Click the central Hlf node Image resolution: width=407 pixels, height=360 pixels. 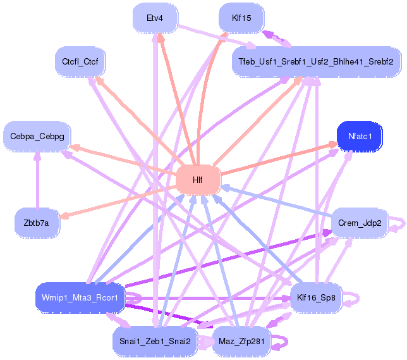198,180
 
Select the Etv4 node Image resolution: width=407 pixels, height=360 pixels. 155,18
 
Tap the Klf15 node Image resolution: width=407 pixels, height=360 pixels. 241,18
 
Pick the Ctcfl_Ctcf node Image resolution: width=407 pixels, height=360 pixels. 80,61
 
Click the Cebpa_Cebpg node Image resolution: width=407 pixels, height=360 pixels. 37,136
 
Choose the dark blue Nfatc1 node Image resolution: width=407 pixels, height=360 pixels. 360,136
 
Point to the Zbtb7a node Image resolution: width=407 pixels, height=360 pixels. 37,223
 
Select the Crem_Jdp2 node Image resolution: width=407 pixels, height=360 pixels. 360,223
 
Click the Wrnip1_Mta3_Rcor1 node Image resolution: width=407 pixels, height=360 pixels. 80,297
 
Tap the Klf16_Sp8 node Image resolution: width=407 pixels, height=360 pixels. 316,297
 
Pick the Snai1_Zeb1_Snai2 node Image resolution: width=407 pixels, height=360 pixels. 155,341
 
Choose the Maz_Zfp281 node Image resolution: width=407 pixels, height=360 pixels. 241,341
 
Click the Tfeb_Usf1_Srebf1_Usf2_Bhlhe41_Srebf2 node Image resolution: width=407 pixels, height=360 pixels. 316,61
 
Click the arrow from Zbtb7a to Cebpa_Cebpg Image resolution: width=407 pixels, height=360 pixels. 38,180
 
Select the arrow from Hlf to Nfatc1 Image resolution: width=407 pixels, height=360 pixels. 279,158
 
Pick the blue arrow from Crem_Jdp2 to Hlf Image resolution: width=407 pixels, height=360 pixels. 276,201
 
